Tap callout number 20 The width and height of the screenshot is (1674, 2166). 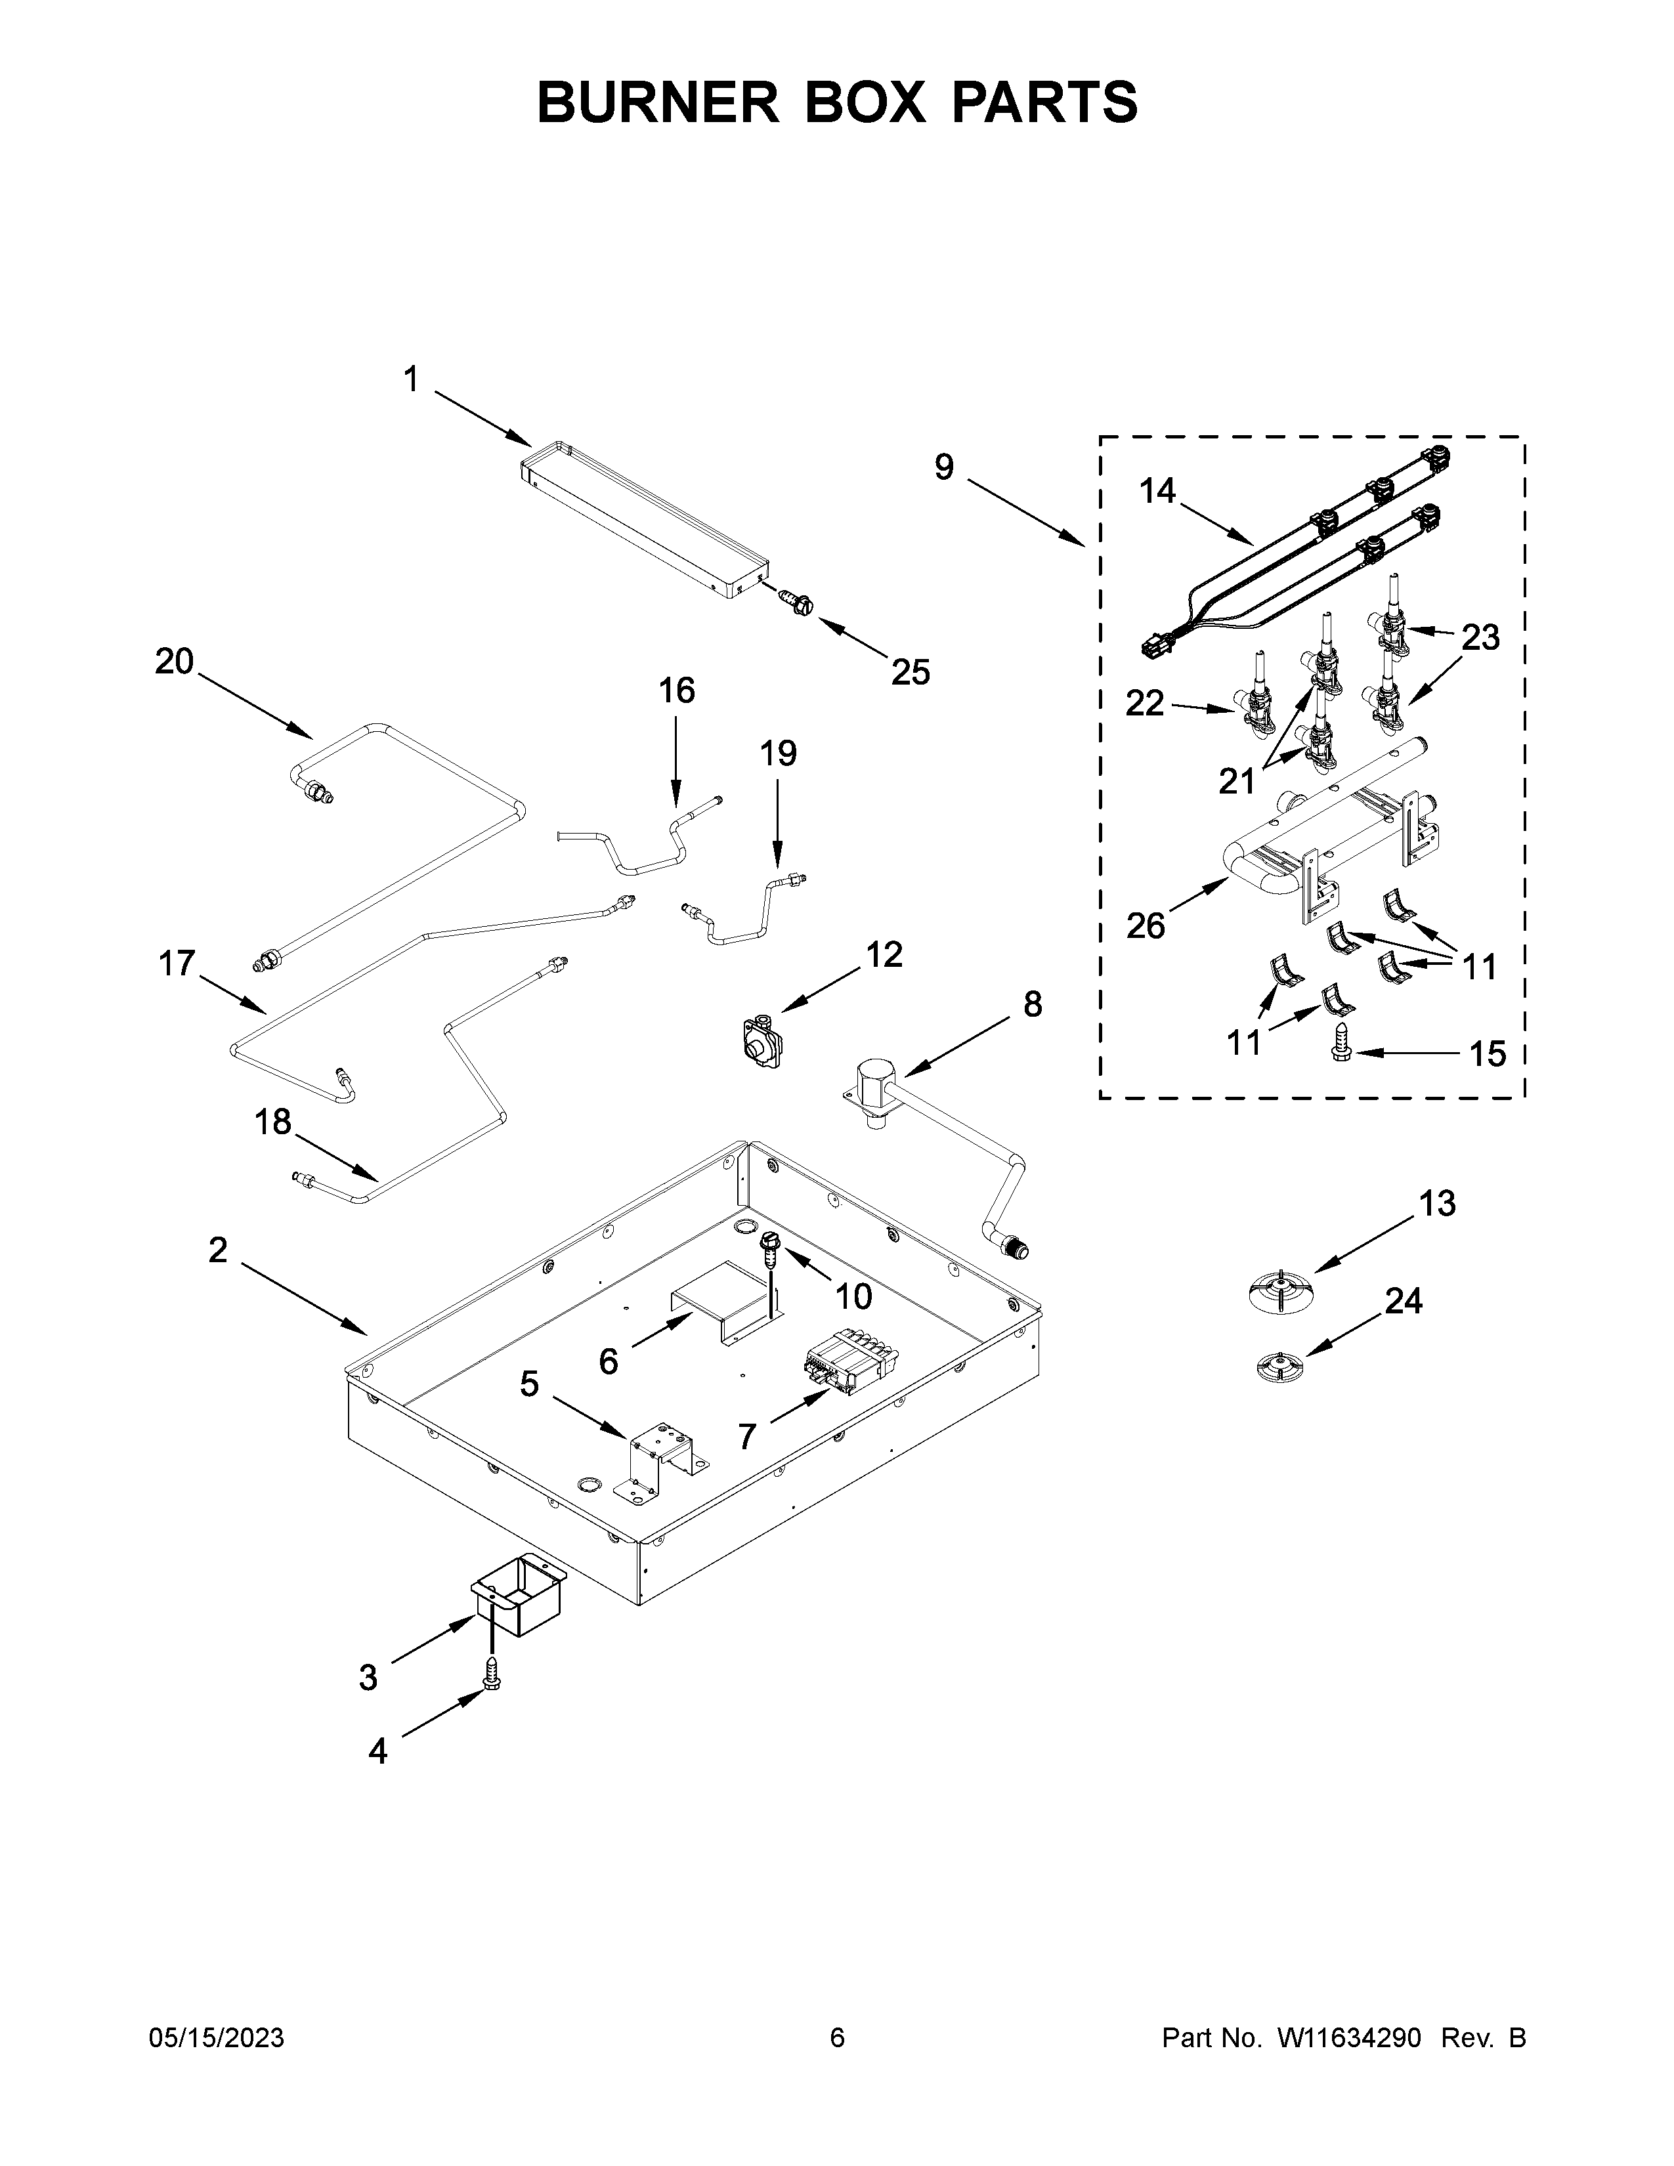(175, 662)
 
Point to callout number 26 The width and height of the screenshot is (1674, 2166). (1146, 925)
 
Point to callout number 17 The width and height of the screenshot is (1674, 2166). (177, 963)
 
